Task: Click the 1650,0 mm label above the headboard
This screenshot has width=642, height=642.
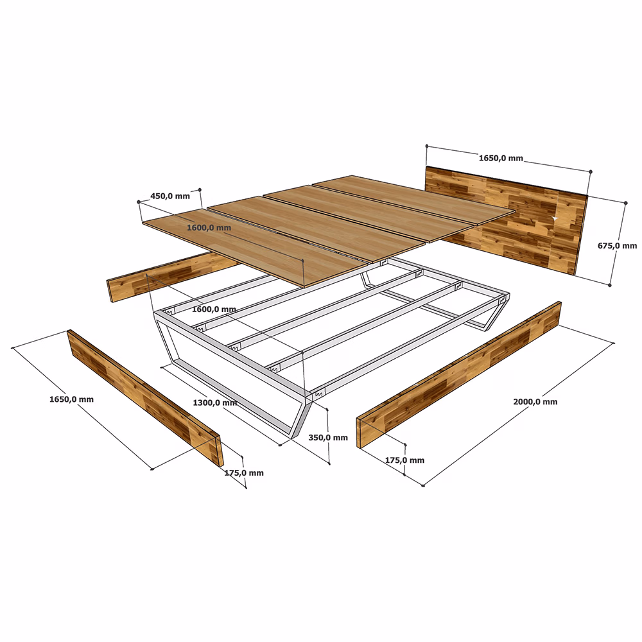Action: pyautogui.click(x=501, y=158)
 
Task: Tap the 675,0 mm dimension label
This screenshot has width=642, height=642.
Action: pyautogui.click(x=617, y=246)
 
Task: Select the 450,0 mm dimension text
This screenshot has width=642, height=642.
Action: pyautogui.click(x=170, y=196)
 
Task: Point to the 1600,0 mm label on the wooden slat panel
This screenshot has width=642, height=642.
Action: pyautogui.click(x=209, y=228)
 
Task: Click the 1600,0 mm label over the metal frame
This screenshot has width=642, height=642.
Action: pyautogui.click(x=214, y=309)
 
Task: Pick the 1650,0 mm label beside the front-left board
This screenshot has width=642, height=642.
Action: pyautogui.click(x=71, y=399)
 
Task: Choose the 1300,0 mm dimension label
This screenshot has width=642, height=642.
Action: pyautogui.click(x=215, y=403)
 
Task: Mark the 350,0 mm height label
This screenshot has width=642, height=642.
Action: pyautogui.click(x=328, y=438)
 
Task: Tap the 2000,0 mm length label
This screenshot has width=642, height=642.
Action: pyautogui.click(x=535, y=402)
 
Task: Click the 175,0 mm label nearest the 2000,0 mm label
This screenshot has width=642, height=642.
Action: pyautogui.click(x=404, y=460)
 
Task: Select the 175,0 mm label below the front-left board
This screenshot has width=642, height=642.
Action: pyautogui.click(x=244, y=473)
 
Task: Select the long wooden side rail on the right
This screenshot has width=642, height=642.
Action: pyautogui.click(x=459, y=375)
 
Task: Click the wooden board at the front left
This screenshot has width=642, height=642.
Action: pyautogui.click(x=145, y=398)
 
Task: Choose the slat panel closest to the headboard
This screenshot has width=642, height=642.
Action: pyautogui.click(x=413, y=200)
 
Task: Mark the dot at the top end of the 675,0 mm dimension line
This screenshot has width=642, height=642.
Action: pyautogui.click(x=625, y=203)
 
